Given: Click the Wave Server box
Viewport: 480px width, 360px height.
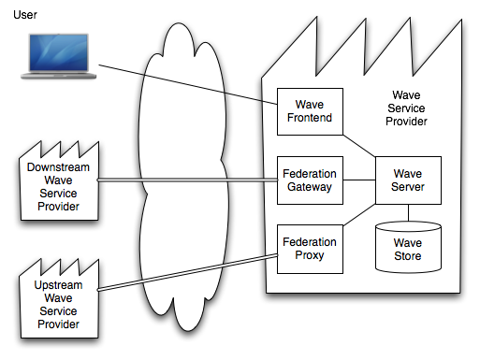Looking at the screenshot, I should tap(407, 180).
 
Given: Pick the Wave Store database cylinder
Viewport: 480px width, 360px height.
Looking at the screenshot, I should tap(407, 247).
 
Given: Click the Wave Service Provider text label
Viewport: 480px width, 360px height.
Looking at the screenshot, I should tap(407, 108).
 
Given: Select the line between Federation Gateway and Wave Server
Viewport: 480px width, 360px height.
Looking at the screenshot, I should tap(359, 180).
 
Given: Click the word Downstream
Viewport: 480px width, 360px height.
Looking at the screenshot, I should tap(52, 167).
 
